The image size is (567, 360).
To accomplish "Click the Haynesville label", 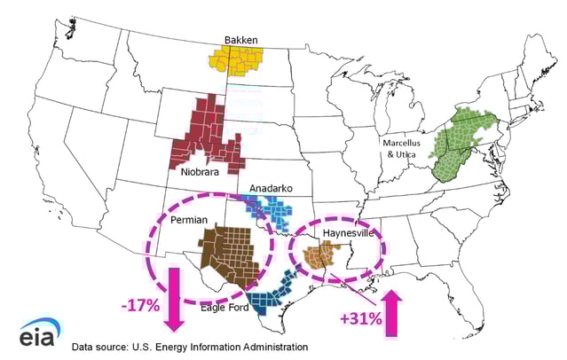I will tap(349, 233).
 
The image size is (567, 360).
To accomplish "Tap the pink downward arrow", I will tap(174, 298).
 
